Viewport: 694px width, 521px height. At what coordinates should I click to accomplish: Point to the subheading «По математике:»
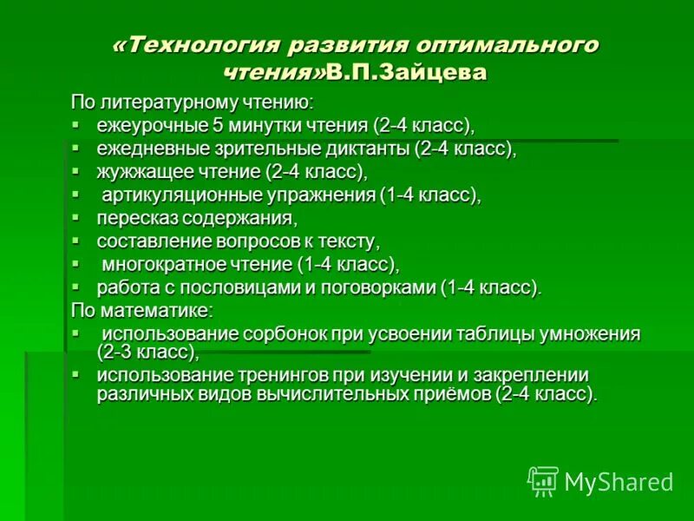(141, 308)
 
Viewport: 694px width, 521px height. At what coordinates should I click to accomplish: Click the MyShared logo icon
(544, 481)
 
